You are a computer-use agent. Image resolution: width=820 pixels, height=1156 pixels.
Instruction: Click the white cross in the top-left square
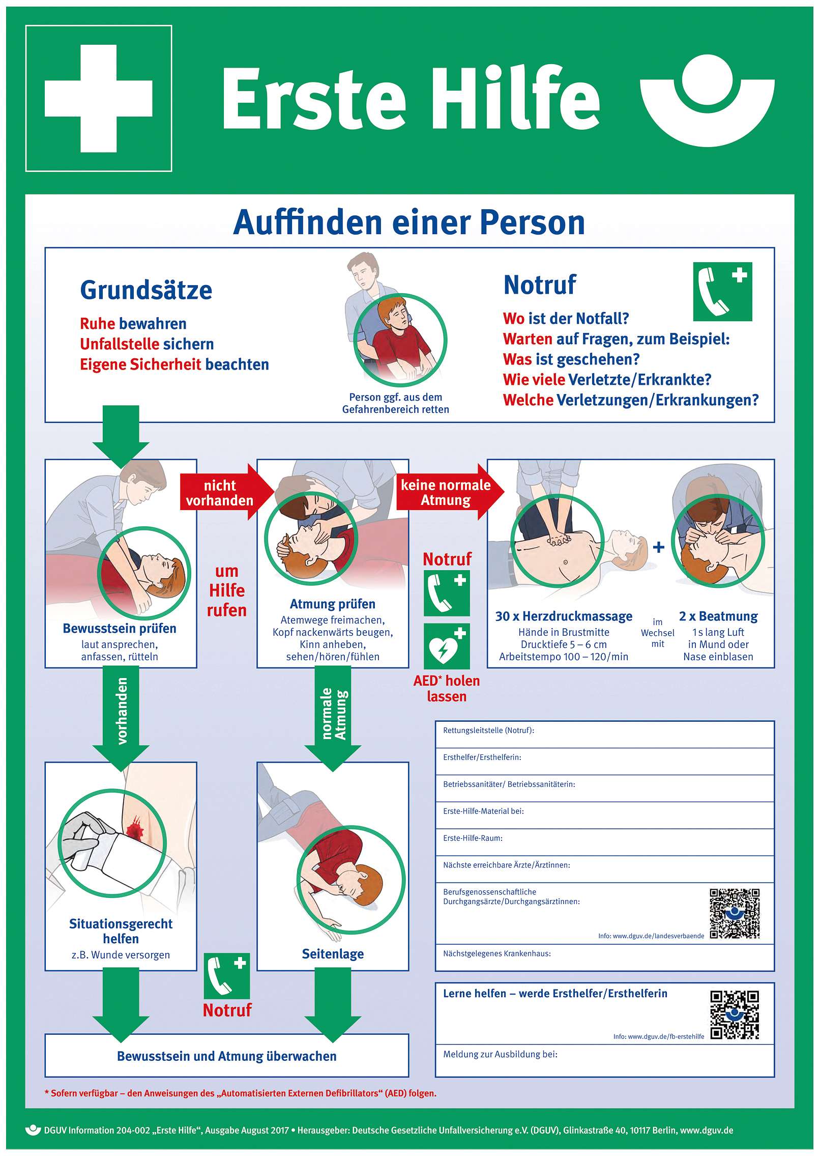99,98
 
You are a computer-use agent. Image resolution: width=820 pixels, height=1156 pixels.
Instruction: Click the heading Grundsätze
146,290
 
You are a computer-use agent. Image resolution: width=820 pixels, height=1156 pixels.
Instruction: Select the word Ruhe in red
97,324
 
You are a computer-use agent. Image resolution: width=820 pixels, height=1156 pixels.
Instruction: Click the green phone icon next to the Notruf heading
722,292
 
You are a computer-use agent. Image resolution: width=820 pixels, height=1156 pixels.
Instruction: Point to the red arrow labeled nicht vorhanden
227,492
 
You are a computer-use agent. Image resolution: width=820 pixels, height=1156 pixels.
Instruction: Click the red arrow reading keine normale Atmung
450,492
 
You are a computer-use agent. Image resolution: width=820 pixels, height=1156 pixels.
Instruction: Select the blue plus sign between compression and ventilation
659,547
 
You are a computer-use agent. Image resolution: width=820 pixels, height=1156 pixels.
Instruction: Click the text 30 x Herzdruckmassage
564,616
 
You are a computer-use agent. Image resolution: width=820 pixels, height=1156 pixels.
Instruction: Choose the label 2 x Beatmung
718,616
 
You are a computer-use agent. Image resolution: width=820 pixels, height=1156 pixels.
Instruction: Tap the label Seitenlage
333,954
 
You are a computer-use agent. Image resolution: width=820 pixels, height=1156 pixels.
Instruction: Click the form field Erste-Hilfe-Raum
605,842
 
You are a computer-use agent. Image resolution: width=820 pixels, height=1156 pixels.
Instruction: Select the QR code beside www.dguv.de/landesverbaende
735,914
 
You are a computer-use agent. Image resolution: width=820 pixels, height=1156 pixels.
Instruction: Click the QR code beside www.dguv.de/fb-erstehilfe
735,1015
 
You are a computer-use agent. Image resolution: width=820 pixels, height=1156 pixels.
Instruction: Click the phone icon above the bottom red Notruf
227,976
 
